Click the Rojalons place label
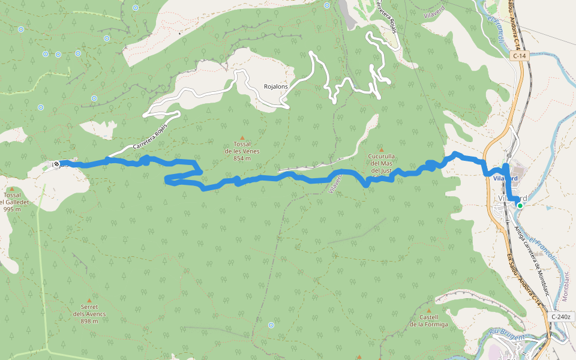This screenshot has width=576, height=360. (276, 86)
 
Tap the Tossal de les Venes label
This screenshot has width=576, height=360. (242, 151)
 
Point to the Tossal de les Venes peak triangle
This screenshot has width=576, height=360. (242, 137)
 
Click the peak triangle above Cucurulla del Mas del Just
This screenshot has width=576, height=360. (380, 149)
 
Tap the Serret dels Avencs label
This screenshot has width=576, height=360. (89, 317)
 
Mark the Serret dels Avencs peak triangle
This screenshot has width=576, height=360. (89, 301)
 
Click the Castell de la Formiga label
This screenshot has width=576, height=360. (428, 321)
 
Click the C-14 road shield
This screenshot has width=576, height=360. (520, 56)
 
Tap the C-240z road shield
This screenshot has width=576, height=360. (562, 316)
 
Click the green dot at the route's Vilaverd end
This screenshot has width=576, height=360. (520, 206)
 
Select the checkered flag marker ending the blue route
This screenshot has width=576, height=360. (56, 163)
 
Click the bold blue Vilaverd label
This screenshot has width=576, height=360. (505, 179)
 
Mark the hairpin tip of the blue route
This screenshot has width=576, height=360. (166, 178)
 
